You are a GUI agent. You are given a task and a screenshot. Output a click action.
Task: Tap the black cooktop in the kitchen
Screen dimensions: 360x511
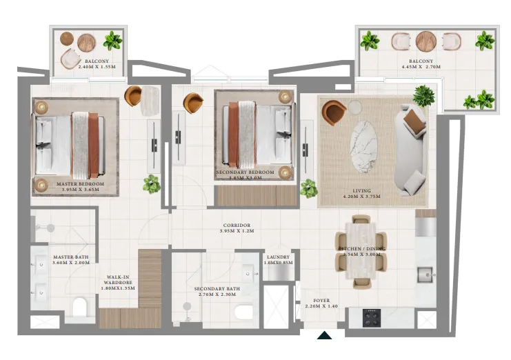372,318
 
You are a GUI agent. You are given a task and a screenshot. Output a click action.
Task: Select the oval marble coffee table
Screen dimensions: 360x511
365,146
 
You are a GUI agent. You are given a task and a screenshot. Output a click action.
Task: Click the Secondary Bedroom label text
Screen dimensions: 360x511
246,172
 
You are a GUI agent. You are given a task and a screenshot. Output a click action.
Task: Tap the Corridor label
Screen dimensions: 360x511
236,226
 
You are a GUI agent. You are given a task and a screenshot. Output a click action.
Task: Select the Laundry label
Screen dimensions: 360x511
279,257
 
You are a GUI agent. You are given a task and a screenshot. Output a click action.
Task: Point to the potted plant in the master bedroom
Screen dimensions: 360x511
151,184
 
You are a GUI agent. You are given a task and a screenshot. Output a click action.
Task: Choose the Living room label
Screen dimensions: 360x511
361,191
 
